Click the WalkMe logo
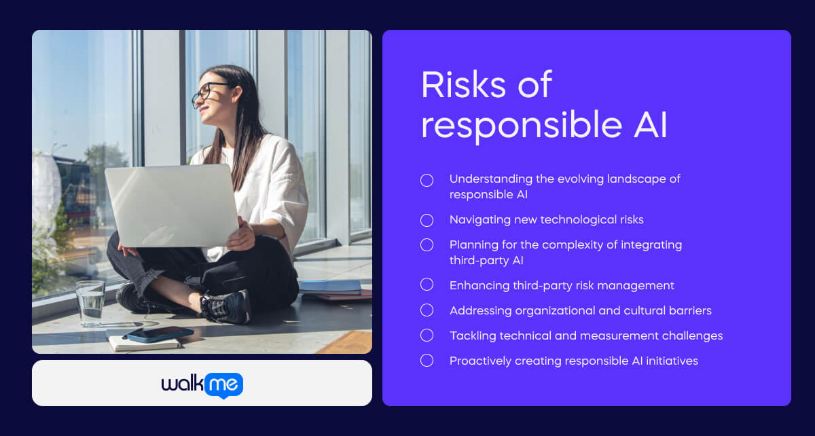[202, 384]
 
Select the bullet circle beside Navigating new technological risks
[427, 220]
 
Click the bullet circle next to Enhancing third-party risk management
[427, 285]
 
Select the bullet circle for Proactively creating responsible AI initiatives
[427, 361]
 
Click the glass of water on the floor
[90, 303]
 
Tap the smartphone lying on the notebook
[160, 333]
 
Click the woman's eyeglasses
[206, 93]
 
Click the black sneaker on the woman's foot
[224, 307]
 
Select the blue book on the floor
[330, 287]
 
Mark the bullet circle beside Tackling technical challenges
[427, 335]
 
